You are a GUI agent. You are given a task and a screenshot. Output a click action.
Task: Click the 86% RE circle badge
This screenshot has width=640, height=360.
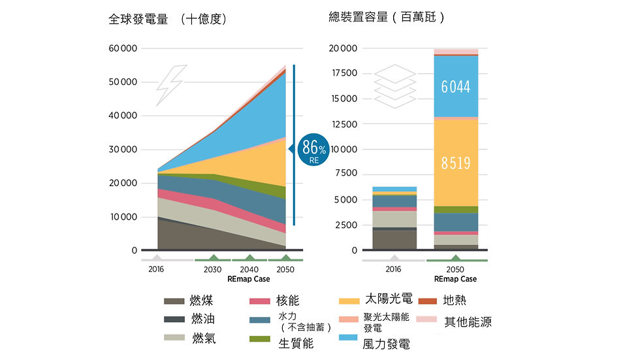tap(313, 150)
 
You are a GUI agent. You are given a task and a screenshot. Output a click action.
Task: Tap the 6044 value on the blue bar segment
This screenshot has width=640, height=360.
tap(456, 86)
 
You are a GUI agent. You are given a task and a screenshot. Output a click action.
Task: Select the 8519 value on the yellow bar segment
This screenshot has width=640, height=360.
tap(456, 163)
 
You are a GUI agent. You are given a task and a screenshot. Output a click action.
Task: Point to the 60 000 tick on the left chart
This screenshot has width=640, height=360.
tap(123, 48)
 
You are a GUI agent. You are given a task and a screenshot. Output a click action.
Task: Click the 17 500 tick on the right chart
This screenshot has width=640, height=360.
tap(345, 73)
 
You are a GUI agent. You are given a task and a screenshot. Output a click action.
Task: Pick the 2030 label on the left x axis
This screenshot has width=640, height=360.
tap(213, 269)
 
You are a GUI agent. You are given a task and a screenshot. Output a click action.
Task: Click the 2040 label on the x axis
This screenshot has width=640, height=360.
tap(249, 269)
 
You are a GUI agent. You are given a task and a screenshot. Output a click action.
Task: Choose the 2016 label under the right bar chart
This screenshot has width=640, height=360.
tap(393, 269)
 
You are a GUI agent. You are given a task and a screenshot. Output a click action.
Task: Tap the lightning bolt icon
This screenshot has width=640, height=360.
tap(171, 85)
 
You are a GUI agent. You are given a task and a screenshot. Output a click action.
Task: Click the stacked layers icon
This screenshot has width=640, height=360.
tap(394, 86)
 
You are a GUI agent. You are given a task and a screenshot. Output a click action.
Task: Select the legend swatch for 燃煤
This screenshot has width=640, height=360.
tap(174, 301)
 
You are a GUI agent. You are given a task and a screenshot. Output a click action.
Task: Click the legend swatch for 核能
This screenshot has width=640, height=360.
tap(260, 301)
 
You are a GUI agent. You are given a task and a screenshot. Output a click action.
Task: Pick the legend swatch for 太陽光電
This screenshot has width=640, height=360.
tap(349, 301)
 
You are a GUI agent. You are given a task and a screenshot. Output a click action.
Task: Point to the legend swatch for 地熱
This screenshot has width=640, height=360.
tap(427, 301)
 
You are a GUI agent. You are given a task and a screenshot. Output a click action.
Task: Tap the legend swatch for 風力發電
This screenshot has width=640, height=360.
tap(348, 338)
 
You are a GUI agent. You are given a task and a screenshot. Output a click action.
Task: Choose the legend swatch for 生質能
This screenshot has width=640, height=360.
tap(260, 339)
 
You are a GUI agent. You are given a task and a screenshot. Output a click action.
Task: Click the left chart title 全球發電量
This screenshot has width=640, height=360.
tap(138, 19)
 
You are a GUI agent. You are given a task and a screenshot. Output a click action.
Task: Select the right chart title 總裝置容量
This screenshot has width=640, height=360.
tap(359, 17)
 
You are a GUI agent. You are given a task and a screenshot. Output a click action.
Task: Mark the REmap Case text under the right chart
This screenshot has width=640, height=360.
tap(456, 279)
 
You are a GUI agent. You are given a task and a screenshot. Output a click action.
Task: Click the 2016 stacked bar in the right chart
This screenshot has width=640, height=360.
tap(394, 218)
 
